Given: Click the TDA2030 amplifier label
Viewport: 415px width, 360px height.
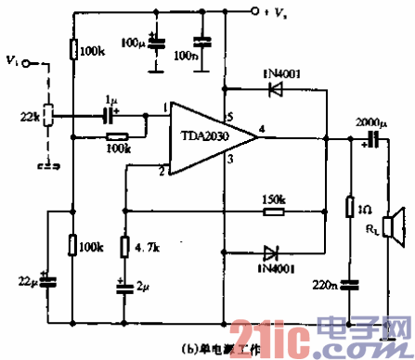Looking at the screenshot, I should coord(205,135).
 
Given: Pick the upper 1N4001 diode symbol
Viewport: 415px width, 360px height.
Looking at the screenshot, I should coord(274,90).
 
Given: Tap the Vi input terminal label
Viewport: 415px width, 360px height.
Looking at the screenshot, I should coord(11,62).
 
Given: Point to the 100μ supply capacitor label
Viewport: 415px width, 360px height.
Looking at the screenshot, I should coord(133,43).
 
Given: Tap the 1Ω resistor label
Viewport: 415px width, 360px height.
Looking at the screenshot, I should coord(365,210).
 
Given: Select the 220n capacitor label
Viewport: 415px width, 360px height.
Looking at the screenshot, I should coord(326,287).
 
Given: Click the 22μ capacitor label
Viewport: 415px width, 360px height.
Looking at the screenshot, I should coord(29,279).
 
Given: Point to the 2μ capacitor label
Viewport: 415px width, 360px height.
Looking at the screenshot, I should coord(141,288).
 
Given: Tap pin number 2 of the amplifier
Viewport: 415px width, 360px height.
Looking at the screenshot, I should coord(161,171).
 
